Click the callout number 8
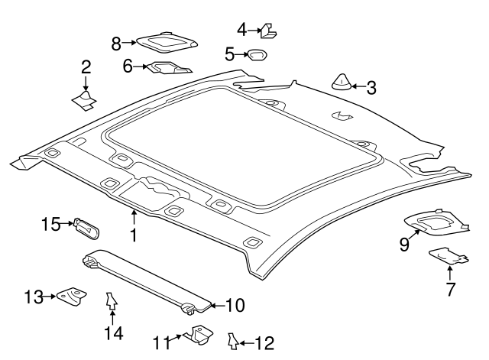pos(116,44)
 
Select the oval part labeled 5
pos(257,55)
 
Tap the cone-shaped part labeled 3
pos(342,82)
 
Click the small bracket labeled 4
pos(268,31)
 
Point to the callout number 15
pos(51,224)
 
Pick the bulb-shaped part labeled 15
pos(86,229)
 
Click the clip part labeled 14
pos(112,301)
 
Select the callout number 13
pos(34,297)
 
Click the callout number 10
pos(235,306)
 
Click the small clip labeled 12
pos(232,341)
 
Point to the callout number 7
pos(451,289)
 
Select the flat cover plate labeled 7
pos(449,256)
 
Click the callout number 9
pos(404,245)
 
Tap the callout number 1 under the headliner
pos(134,235)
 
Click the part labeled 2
pos(84,100)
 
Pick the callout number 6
pos(128,66)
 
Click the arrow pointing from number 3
pos(358,86)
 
